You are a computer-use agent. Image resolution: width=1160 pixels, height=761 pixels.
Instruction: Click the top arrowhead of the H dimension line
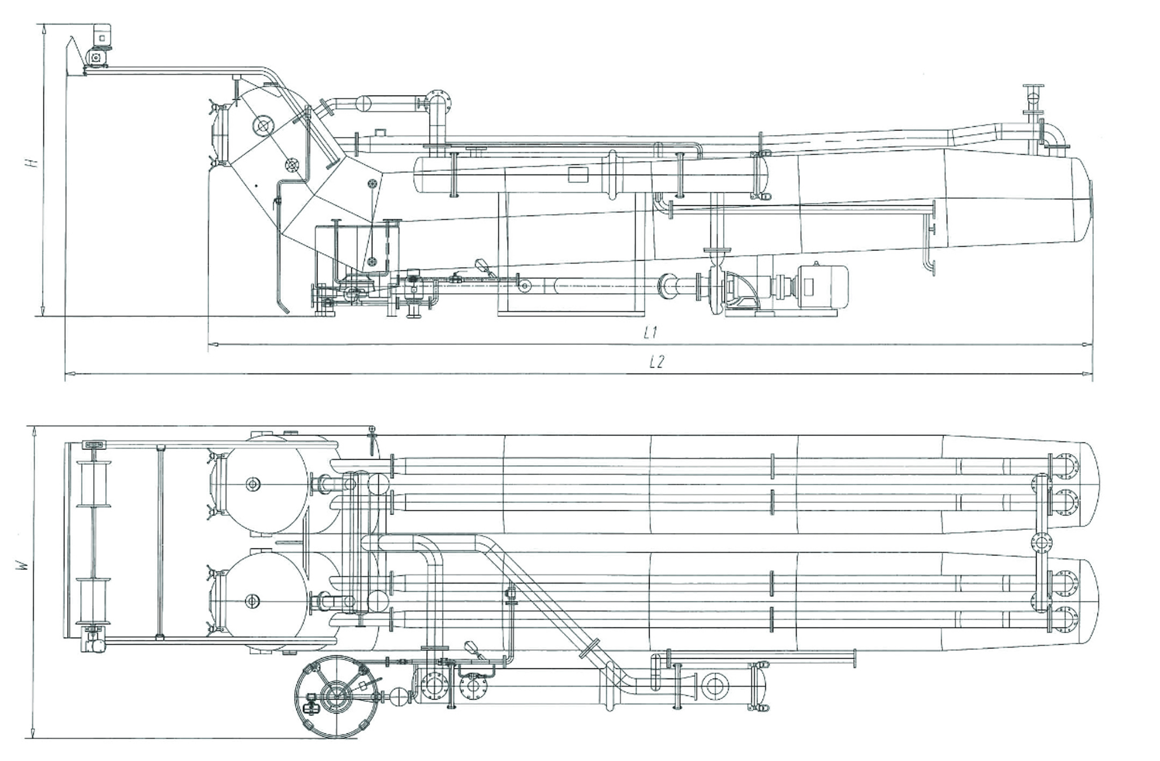click(44, 29)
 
